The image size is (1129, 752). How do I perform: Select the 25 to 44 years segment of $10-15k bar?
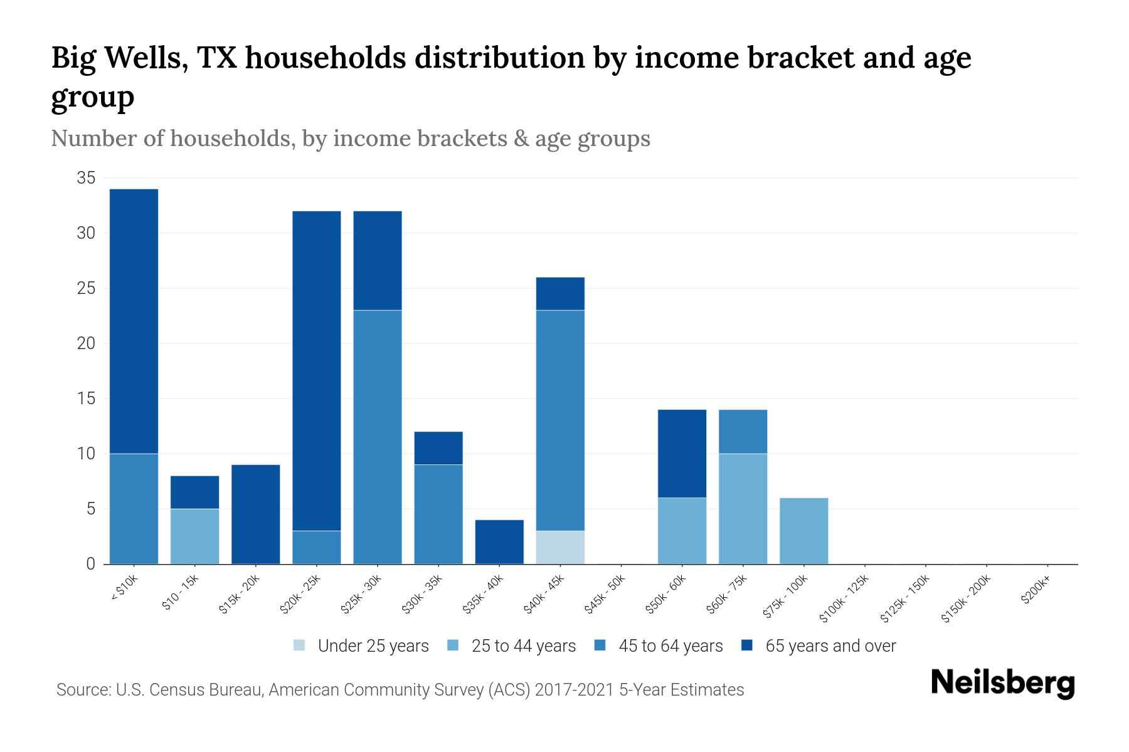[194, 536]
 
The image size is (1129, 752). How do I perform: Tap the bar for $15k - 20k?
[255, 514]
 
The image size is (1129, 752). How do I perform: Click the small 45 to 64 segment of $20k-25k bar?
[316, 548]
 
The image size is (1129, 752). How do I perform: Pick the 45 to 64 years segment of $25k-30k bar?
[377, 437]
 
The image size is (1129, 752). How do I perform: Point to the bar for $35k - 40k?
[499, 542]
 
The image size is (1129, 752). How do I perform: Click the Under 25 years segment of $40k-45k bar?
[560, 548]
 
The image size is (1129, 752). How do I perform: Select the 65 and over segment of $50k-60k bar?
[682, 454]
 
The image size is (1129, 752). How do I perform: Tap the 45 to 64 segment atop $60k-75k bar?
[743, 432]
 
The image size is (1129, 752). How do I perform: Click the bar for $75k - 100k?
[803, 531]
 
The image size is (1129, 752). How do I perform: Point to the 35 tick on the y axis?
[86, 179]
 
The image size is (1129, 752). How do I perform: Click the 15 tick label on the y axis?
[86, 399]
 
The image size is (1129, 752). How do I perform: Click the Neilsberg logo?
[1002, 683]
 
